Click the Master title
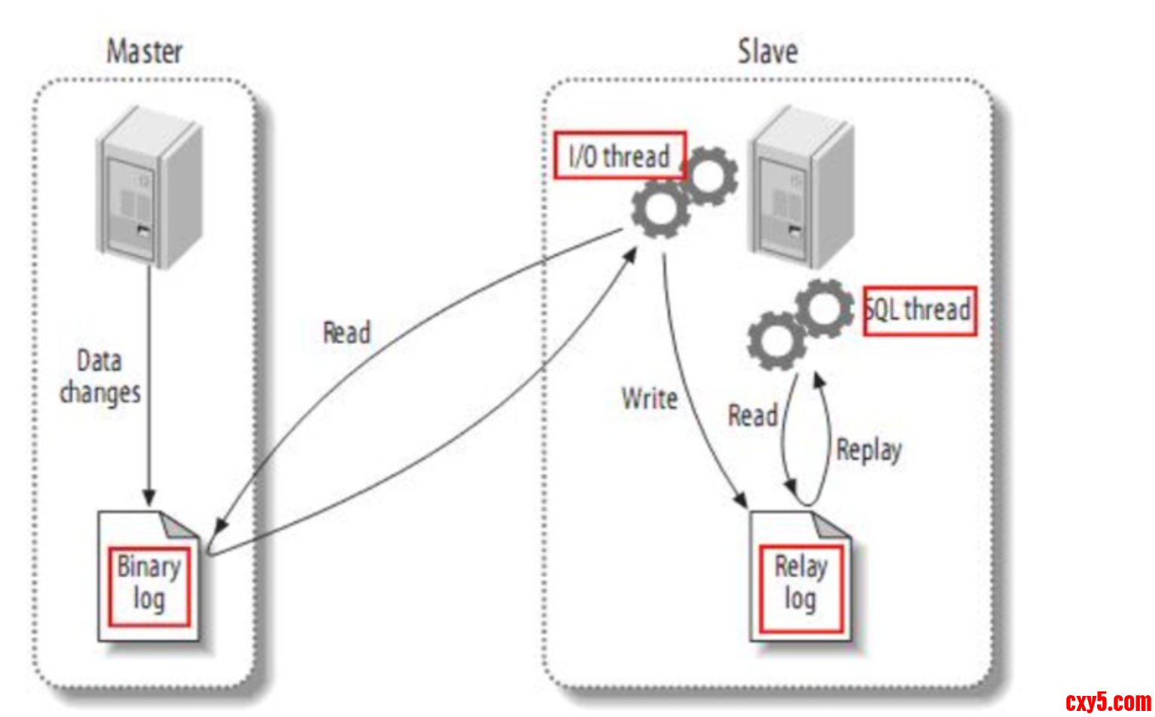click(x=145, y=52)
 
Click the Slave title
click(x=767, y=52)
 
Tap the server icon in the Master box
click(x=150, y=188)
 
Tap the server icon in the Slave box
click(x=800, y=188)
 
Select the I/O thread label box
click(x=620, y=156)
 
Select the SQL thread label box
click(x=919, y=310)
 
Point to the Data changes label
click(x=100, y=377)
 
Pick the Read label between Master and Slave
click(x=346, y=332)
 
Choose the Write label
click(x=649, y=398)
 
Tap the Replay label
click(x=869, y=450)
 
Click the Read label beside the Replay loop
click(x=752, y=415)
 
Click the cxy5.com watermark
click(x=1108, y=702)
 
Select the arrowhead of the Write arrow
click(x=741, y=501)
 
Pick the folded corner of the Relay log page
click(x=831, y=526)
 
